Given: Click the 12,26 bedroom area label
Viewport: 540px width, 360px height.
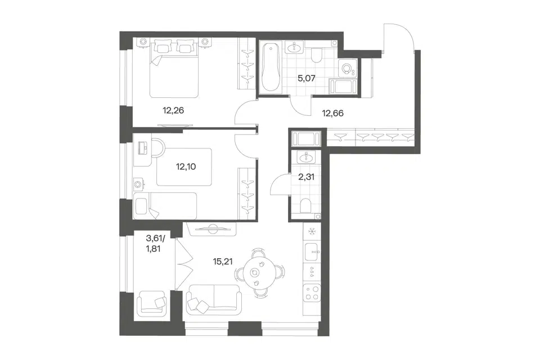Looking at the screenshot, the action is [x=173, y=111].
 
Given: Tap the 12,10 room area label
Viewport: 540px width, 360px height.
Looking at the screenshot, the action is [x=186, y=167].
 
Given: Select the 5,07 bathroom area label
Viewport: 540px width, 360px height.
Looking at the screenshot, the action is [x=307, y=78].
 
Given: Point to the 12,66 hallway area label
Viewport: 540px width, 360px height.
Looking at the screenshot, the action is [x=332, y=113].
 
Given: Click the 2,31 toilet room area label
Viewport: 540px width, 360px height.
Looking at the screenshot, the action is [x=306, y=177].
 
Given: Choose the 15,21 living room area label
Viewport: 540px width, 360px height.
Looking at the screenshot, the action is [x=223, y=262].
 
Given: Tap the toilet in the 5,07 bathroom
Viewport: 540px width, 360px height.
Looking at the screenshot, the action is [x=316, y=56].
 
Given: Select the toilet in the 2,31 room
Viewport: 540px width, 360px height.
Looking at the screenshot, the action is [x=305, y=206].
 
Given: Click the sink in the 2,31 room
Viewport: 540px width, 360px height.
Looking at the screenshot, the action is [x=306, y=157].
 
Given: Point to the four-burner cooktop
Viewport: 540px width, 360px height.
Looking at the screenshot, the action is [x=312, y=293].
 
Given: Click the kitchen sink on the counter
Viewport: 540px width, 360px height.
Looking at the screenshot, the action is [x=312, y=252].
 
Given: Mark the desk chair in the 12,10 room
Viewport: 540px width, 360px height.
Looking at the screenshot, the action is [x=157, y=147].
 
